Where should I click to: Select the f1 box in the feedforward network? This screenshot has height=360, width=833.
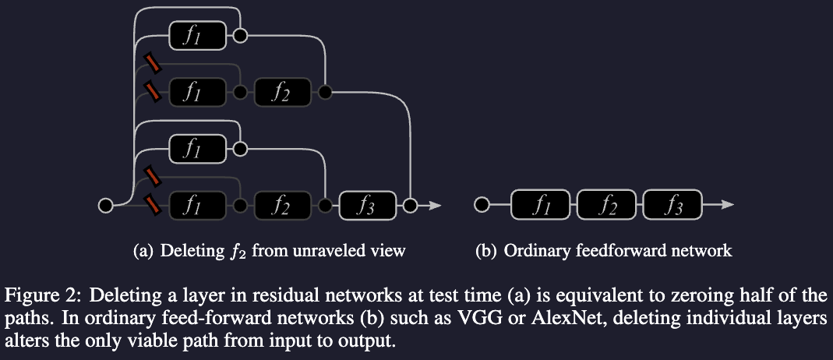[543, 206]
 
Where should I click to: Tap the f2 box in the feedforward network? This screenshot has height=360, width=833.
[609, 206]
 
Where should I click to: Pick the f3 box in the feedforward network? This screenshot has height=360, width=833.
[675, 206]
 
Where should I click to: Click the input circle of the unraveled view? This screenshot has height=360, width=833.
[104, 206]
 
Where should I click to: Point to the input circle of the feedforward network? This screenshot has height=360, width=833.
[482, 206]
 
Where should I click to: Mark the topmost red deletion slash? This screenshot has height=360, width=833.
[153, 61]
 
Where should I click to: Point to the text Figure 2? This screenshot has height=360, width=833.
[37, 295]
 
